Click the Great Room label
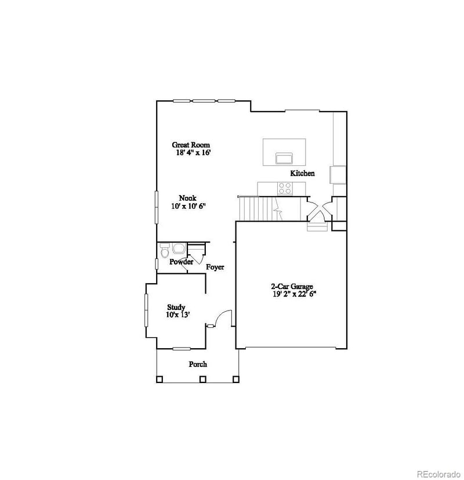[x=190, y=145]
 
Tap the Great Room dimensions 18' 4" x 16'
[x=193, y=153]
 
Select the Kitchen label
[x=302, y=173]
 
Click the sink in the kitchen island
[x=284, y=158]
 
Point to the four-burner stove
[x=285, y=188]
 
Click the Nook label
[x=187, y=198]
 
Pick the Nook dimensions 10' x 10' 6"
[x=188, y=206]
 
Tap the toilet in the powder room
[x=164, y=251]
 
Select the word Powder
[x=181, y=262]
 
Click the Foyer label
[x=215, y=267]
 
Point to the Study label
[x=176, y=307]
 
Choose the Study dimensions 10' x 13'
[x=177, y=315]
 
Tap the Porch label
[x=198, y=364]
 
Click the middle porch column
[x=202, y=380]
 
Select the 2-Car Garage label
[x=292, y=286]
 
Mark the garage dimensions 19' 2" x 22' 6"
[x=294, y=294]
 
